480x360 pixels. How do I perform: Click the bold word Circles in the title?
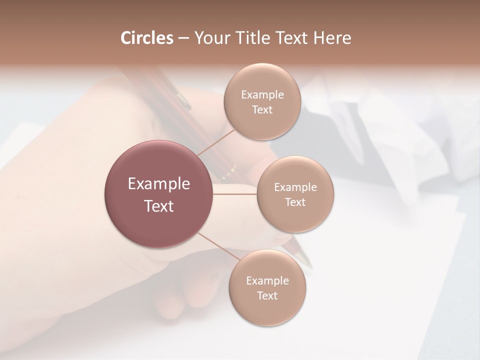146,38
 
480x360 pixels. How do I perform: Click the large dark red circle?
158,194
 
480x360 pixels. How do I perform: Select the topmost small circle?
262,101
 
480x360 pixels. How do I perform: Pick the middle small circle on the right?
295,194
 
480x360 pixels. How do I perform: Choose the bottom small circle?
267,287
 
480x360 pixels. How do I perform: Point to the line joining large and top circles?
216,142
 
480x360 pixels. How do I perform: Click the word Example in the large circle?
158,183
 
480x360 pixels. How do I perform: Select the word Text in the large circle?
158,206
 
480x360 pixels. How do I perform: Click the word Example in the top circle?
262,94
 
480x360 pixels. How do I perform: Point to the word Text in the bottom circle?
267,295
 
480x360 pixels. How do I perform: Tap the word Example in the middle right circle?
295,187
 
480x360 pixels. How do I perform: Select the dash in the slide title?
183,38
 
